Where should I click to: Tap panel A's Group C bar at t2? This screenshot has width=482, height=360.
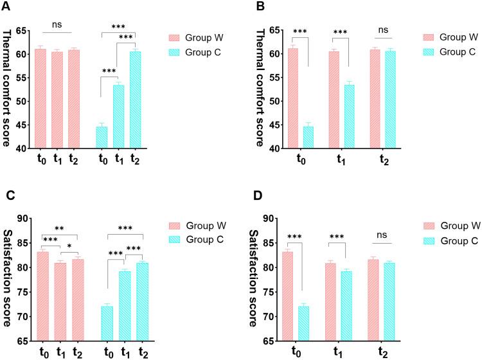coord(134,100)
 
